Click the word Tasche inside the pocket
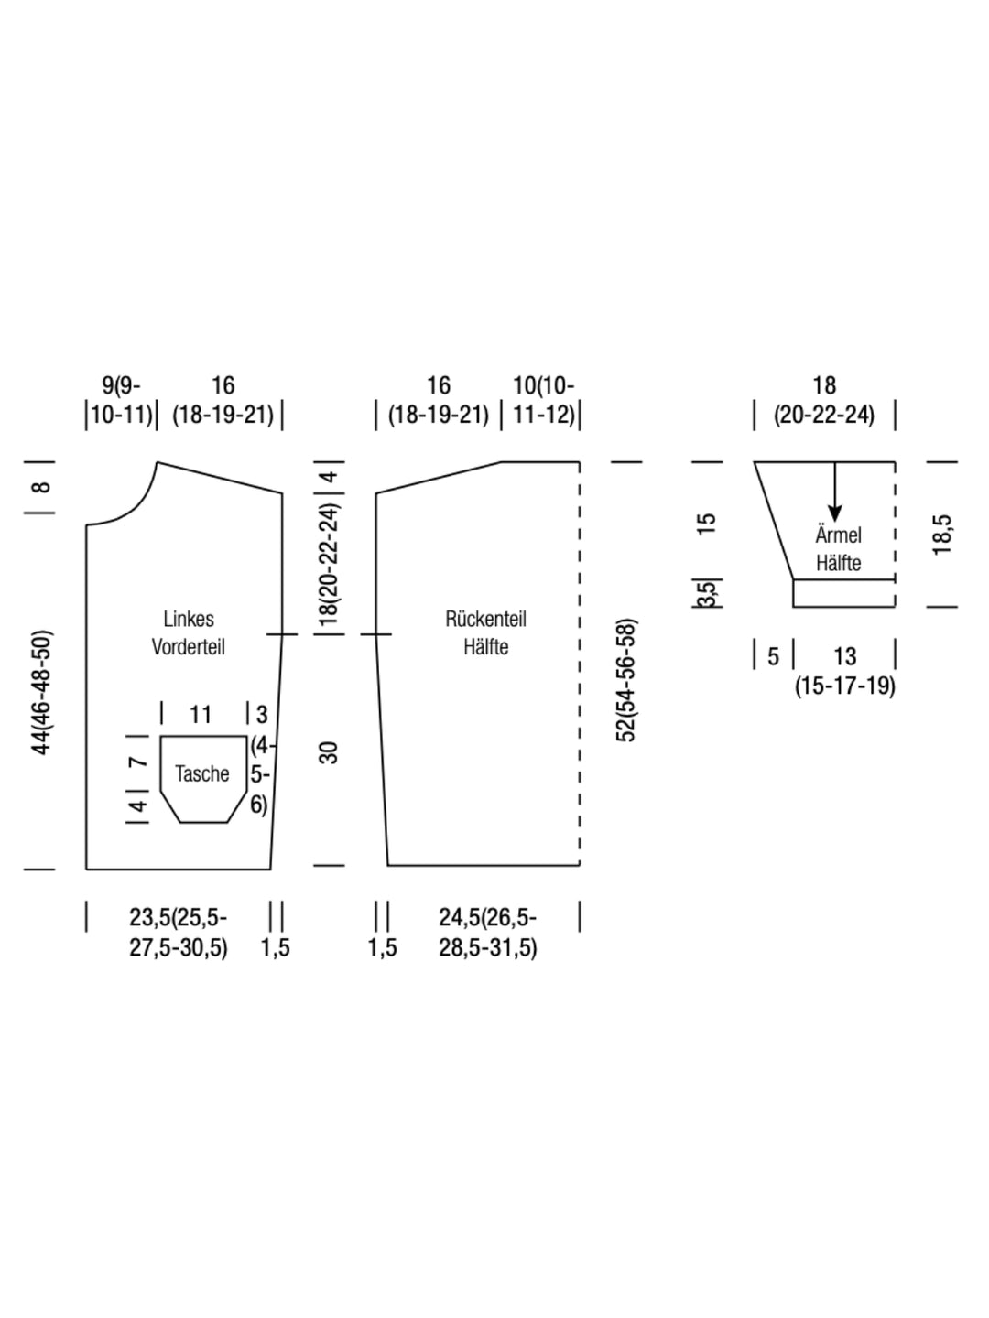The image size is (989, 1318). (x=201, y=774)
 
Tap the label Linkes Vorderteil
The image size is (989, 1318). (x=189, y=632)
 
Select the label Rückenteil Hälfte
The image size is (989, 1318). (x=485, y=632)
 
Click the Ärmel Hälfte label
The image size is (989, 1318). (x=839, y=549)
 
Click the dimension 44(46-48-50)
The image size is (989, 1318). (x=42, y=692)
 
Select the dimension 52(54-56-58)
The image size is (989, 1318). (x=626, y=681)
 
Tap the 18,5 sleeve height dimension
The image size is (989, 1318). (x=942, y=535)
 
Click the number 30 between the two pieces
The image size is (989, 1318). (x=331, y=752)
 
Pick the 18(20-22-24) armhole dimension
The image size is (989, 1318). (x=331, y=564)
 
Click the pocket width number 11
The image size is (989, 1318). (x=200, y=714)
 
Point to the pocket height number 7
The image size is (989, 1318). (x=138, y=762)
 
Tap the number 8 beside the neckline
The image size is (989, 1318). (x=42, y=487)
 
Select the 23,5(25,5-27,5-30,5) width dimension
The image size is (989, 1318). (x=179, y=932)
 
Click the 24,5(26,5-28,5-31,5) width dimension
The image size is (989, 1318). (x=487, y=932)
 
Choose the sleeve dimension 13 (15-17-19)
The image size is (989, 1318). (x=845, y=670)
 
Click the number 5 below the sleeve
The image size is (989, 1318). (x=774, y=656)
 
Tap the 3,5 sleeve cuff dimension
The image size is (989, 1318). (x=708, y=593)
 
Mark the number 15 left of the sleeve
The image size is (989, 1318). (x=707, y=524)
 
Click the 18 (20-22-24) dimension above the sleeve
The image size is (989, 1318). (x=824, y=400)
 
